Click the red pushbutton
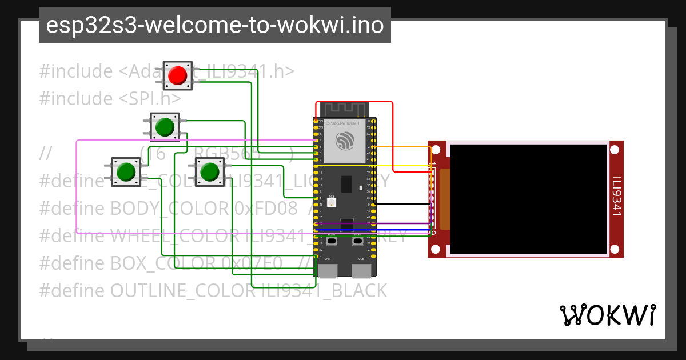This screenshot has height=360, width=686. [177, 75]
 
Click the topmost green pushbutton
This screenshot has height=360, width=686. [165, 127]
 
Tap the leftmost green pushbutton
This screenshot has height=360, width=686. [126, 171]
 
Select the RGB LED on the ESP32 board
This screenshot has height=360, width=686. [332, 202]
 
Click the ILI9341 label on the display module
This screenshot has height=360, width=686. [616, 197]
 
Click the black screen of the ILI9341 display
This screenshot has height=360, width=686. [528, 199]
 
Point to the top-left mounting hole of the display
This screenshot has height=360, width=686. [436, 150]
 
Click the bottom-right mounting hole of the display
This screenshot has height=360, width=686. [615, 249]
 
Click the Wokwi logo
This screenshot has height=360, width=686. [607, 315]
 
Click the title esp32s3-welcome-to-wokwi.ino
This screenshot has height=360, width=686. [214, 26]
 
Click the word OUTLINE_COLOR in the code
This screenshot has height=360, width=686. [182, 291]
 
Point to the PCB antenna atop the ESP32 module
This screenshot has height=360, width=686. [344, 109]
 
